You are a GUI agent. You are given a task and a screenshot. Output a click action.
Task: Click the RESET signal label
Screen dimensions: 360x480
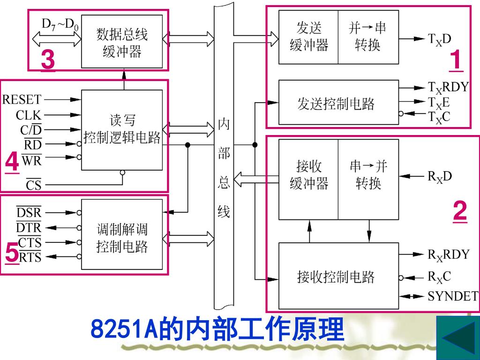22,99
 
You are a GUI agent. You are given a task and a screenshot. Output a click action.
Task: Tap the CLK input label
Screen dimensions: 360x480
29,115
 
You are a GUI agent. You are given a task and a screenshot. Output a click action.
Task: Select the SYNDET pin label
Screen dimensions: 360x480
452,296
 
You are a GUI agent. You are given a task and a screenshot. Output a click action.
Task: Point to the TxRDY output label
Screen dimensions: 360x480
448,88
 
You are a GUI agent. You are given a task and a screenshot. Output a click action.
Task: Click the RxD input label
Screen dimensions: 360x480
439,176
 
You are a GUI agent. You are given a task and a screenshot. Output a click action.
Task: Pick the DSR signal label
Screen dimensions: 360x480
29,213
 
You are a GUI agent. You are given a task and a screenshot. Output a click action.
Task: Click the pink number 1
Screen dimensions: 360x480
456,62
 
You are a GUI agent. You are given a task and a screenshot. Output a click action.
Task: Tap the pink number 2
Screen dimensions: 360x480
460,211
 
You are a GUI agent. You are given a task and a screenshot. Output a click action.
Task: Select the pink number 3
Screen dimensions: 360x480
47,61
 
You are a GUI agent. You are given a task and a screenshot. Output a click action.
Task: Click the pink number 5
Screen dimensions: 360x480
12,255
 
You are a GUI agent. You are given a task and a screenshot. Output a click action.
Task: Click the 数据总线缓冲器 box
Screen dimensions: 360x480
122,42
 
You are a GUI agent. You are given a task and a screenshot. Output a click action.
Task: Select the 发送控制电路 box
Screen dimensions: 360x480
338,104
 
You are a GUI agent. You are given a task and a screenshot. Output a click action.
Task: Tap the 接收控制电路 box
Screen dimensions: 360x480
338,277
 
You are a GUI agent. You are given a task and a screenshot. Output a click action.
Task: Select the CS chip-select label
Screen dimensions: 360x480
33,186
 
